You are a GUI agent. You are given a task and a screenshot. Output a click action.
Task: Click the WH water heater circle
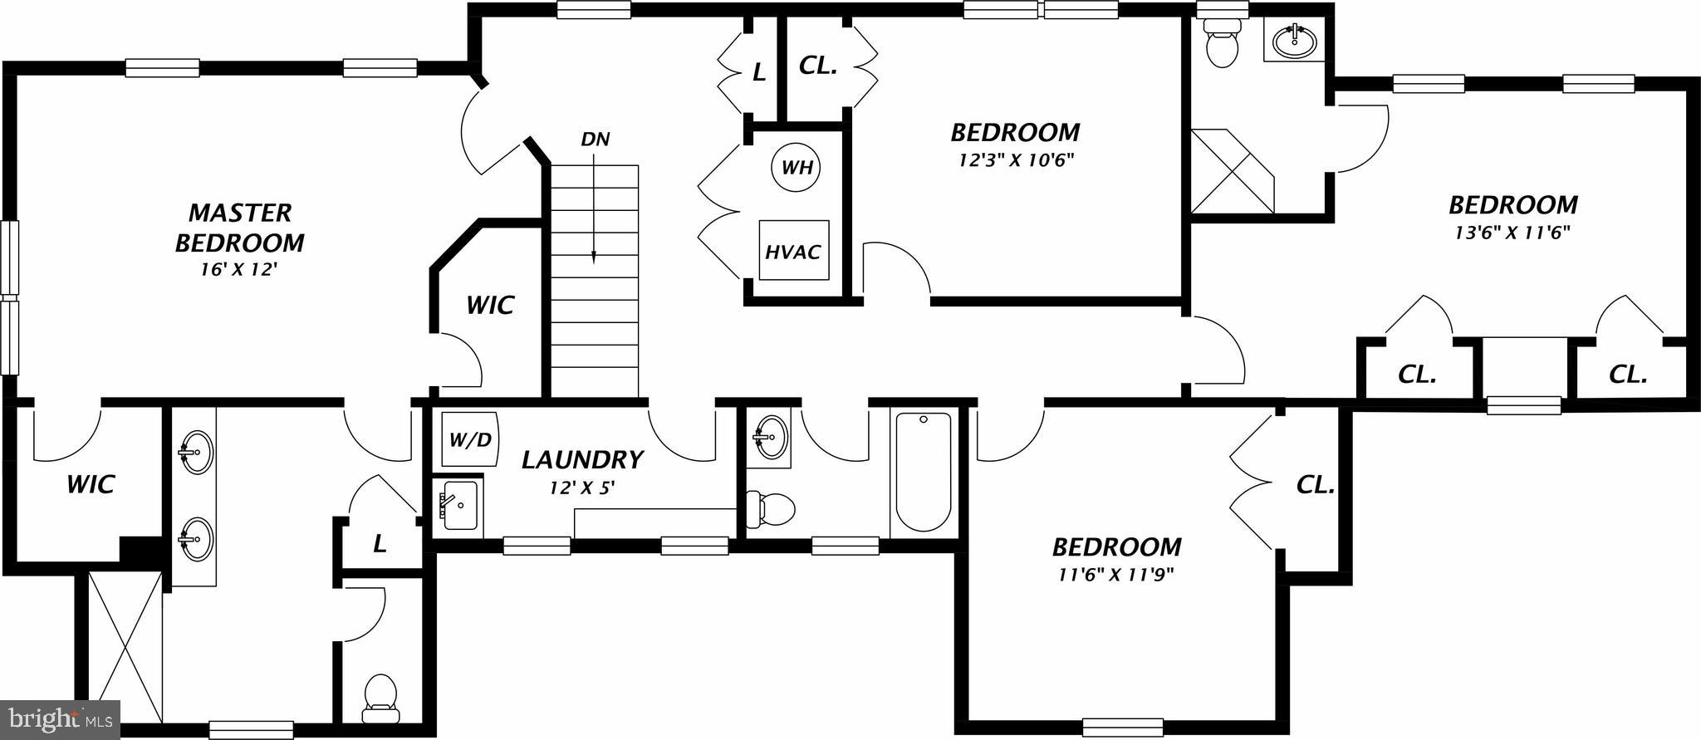pyautogui.click(x=797, y=168)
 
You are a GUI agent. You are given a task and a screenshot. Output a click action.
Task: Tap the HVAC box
pyautogui.click(x=793, y=251)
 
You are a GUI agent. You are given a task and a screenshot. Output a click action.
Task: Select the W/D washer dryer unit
pyautogui.click(x=469, y=439)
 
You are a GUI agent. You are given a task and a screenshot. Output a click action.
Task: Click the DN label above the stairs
pyautogui.click(x=596, y=139)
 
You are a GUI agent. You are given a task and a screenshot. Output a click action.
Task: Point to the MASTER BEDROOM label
pyautogui.click(x=239, y=228)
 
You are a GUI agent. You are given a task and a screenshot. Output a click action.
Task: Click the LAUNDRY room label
pyautogui.click(x=582, y=459)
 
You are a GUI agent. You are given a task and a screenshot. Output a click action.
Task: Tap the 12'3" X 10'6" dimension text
pyautogui.click(x=1016, y=159)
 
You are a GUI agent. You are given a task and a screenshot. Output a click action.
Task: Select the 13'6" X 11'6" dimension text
pyautogui.click(x=1512, y=232)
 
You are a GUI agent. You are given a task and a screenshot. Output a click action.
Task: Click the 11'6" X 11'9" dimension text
pyautogui.click(x=1116, y=573)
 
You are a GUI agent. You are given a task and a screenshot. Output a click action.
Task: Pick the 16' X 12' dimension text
pyautogui.click(x=237, y=269)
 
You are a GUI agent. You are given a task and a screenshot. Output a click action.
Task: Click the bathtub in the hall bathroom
pyautogui.click(x=923, y=472)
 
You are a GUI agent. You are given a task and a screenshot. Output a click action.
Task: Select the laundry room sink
pyautogui.click(x=458, y=505)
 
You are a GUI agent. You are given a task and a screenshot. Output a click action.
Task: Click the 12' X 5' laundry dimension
pyautogui.click(x=581, y=488)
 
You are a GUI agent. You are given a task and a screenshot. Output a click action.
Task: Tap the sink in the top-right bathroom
pyautogui.click(x=1294, y=39)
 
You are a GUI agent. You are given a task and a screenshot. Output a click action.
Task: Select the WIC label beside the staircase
pyautogui.click(x=490, y=305)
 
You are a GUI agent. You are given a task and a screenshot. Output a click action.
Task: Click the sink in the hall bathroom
pyautogui.click(x=770, y=435)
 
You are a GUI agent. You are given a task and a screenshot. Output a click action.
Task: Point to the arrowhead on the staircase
pyautogui.click(x=594, y=258)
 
